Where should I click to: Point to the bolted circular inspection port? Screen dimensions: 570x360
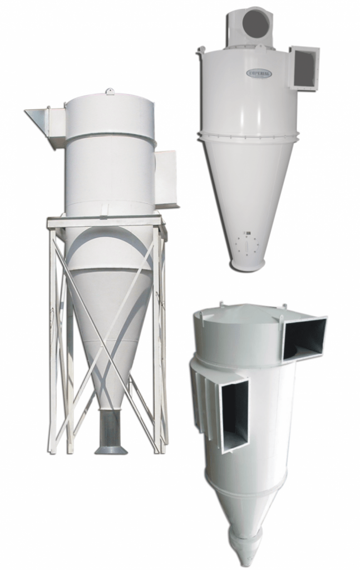point(245,244)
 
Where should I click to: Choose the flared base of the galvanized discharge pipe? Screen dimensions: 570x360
point(111,449)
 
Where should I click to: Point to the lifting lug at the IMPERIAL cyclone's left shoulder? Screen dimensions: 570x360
point(198,52)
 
